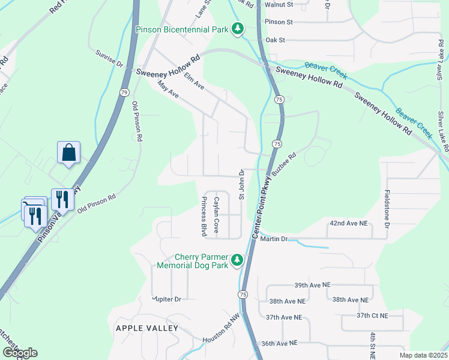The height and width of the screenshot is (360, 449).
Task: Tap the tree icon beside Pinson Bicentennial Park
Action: [x=238, y=28]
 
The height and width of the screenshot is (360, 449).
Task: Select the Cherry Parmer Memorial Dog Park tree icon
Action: [x=238, y=259]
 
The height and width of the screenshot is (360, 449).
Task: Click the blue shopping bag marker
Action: [x=69, y=153]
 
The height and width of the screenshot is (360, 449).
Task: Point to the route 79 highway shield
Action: [x=124, y=92]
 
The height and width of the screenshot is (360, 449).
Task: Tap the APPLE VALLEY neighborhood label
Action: [x=146, y=328]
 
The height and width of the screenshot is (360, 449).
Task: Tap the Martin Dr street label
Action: [x=274, y=239]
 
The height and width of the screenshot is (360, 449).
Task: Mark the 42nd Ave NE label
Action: [x=347, y=223]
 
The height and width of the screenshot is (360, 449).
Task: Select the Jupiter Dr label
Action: [x=166, y=298]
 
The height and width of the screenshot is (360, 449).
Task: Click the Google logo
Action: [x=20, y=353]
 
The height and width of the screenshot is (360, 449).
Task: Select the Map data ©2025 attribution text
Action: [x=423, y=355]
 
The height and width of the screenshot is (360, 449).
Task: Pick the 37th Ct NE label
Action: [x=372, y=315]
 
